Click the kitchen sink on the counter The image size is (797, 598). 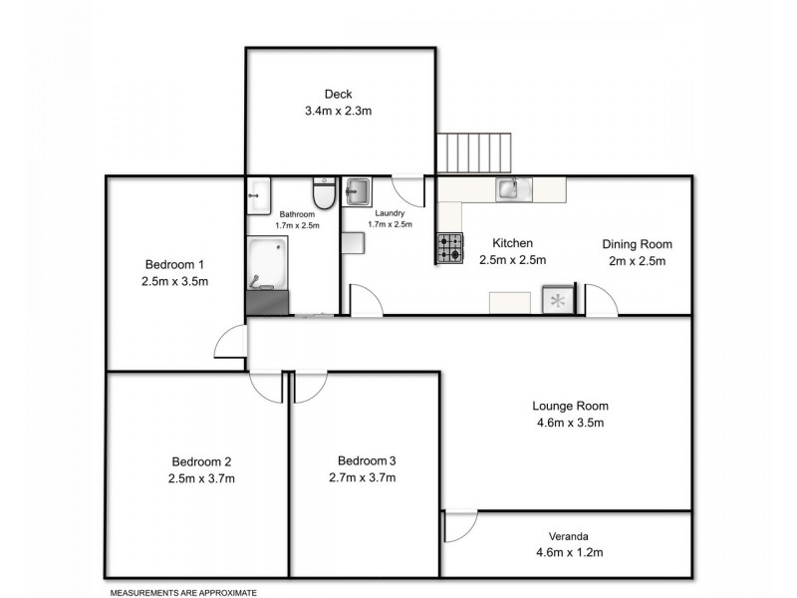pyautogui.click(x=515, y=188)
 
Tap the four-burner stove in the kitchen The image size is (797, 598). pyautogui.click(x=449, y=248)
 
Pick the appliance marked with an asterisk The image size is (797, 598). pyautogui.click(x=557, y=301)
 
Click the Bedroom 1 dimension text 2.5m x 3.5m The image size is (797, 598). pyautogui.click(x=174, y=282)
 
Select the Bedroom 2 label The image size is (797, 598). pyautogui.click(x=201, y=461)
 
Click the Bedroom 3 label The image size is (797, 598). pyautogui.click(x=367, y=460)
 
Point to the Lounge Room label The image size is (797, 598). pyautogui.click(x=570, y=406)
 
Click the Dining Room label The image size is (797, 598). pyautogui.click(x=637, y=244)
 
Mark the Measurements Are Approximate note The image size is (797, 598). pyautogui.click(x=182, y=592)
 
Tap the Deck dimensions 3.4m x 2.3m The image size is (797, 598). pyautogui.click(x=339, y=112)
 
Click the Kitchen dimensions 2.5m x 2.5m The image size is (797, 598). pyautogui.click(x=512, y=260)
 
